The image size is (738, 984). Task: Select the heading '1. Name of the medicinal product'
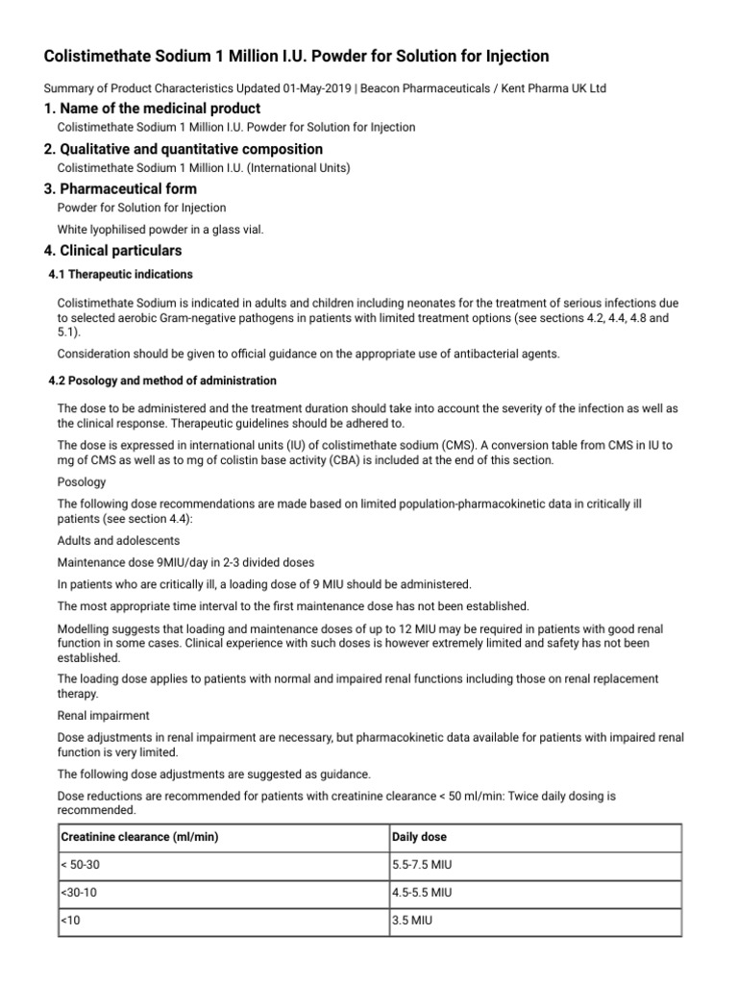click(152, 109)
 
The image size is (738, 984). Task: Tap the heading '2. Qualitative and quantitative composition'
click(184, 149)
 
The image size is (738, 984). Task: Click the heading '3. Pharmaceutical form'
click(120, 188)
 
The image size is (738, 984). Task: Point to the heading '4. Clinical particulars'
click(112, 251)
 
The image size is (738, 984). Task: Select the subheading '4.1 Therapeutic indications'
click(120, 275)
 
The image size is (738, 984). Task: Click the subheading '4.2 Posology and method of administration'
click(161, 381)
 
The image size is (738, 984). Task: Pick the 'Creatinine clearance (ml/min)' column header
click(140, 837)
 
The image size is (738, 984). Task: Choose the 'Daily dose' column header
click(420, 837)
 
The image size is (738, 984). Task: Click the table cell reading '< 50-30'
click(81, 865)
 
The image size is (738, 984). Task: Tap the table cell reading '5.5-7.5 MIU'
click(422, 865)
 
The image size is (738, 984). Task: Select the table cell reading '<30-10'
click(80, 893)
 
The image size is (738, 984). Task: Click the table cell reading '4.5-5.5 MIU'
click(422, 893)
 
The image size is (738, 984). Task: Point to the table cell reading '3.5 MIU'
click(411, 921)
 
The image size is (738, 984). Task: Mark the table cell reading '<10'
click(71, 921)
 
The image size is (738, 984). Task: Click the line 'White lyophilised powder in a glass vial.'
click(160, 229)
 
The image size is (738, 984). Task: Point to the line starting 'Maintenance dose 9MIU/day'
click(185, 562)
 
